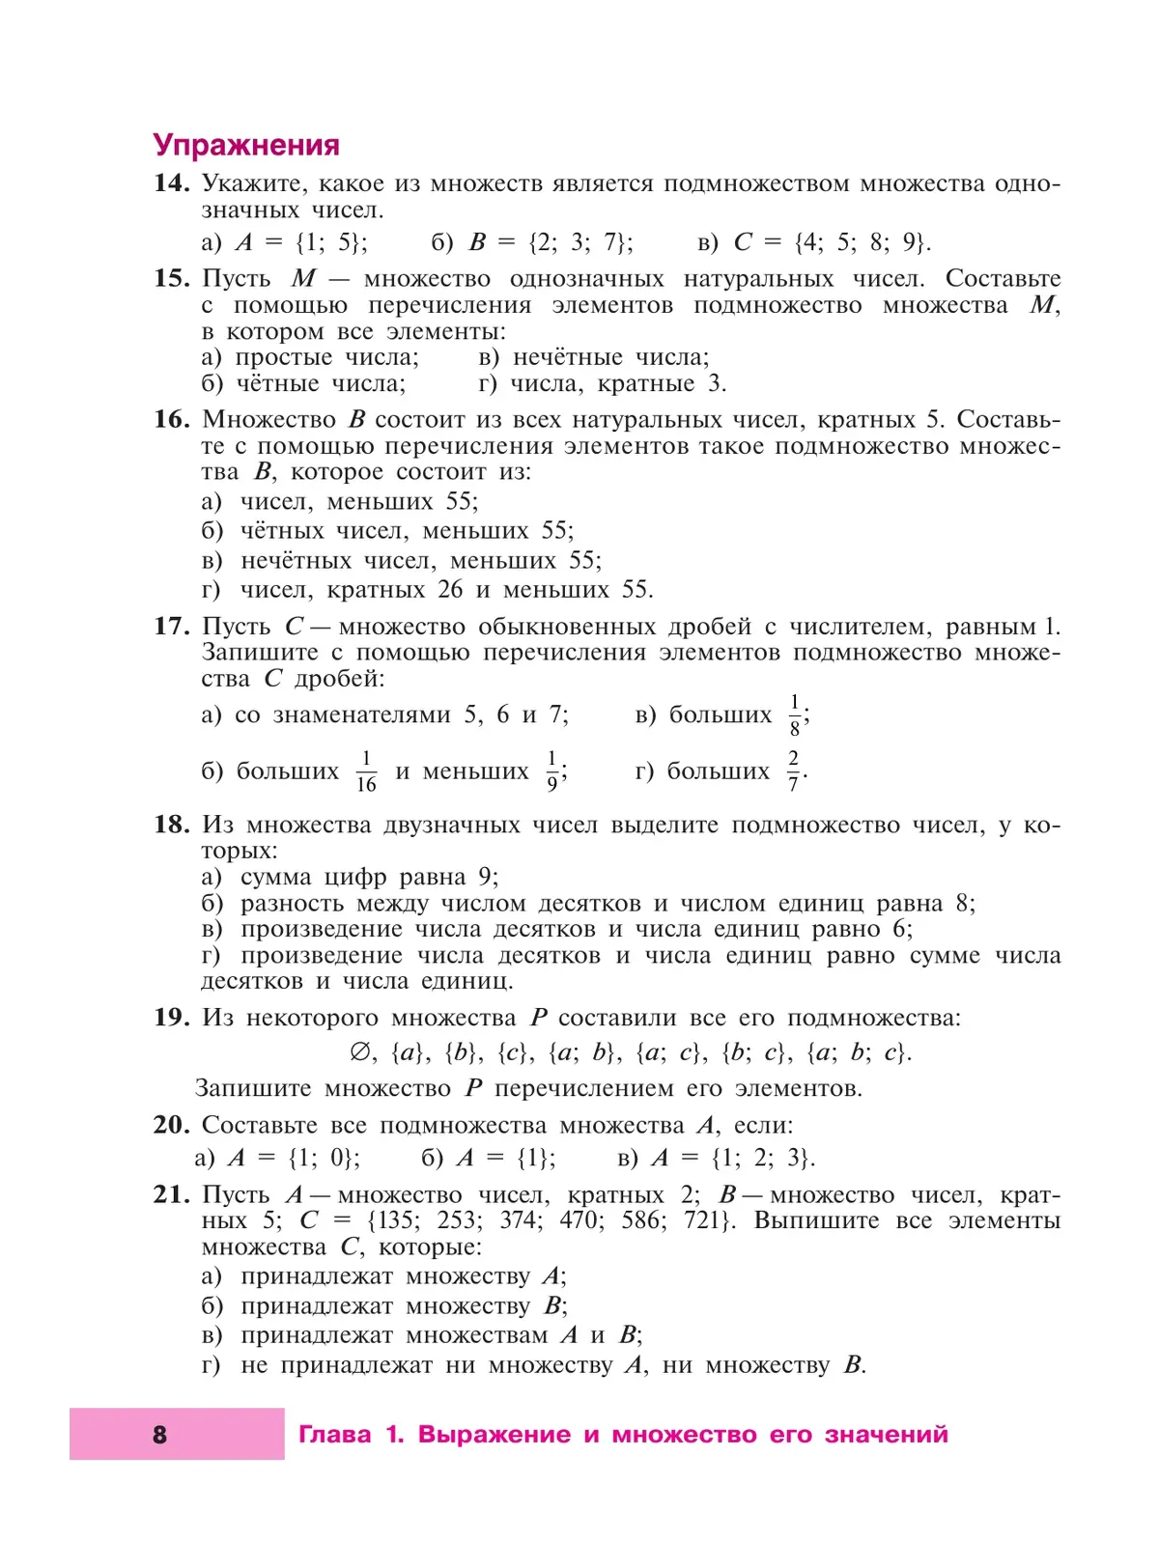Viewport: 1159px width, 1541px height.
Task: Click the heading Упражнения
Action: coord(246,145)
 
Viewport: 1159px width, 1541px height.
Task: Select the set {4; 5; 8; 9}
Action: coord(862,241)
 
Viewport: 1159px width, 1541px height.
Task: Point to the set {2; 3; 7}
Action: coord(580,241)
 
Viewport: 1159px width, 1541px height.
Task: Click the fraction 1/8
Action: coord(795,715)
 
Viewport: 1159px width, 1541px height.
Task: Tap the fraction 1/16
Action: coord(366,771)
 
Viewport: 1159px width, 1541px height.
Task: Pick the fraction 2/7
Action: coord(793,771)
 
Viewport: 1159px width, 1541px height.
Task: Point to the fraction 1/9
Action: coord(552,771)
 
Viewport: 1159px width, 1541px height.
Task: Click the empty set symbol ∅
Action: coord(359,1051)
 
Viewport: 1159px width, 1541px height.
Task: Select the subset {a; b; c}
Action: coord(858,1051)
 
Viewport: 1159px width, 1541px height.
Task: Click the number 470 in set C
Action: coord(579,1220)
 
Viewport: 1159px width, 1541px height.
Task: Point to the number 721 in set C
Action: coord(702,1220)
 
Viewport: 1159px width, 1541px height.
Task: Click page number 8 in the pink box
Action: coord(160,1434)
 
